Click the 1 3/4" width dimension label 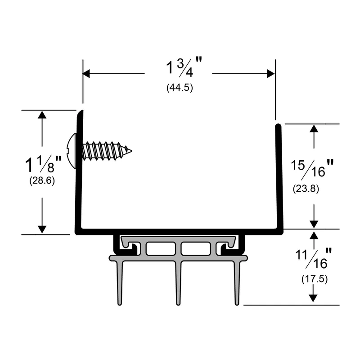(184, 67)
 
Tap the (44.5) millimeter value (180, 87)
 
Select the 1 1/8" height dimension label (43, 164)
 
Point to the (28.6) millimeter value (42, 181)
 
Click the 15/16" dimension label (312, 169)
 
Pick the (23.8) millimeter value (306, 189)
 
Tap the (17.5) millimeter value (314, 279)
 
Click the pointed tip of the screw (131, 151)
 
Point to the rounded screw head (72, 151)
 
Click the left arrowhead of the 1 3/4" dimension (86, 74)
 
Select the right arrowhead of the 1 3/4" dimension (271, 74)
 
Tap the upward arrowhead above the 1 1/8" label (42, 115)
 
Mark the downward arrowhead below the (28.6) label (42, 229)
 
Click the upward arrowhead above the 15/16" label (314, 128)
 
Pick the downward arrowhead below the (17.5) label (313, 298)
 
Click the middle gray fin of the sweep (178, 283)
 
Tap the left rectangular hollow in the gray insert (161, 248)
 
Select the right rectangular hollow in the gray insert (196, 248)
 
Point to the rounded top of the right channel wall (278, 126)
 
